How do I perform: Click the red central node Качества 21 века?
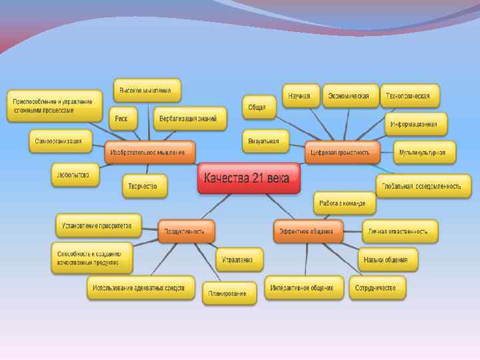click(x=249, y=178)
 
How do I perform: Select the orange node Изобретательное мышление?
click(x=150, y=153)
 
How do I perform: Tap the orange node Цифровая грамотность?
click(x=341, y=153)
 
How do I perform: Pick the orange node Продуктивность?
click(x=186, y=231)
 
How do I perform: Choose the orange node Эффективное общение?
click(x=307, y=231)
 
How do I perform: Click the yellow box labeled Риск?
click(x=121, y=119)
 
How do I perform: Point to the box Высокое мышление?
click(x=146, y=90)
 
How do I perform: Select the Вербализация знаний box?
click(x=189, y=119)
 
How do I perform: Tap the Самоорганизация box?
click(x=59, y=141)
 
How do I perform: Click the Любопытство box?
click(x=75, y=175)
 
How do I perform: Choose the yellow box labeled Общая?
click(x=257, y=107)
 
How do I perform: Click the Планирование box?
click(x=229, y=293)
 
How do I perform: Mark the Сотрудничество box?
click(x=377, y=288)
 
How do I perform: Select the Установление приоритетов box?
click(x=97, y=225)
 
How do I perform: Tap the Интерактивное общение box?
click(x=303, y=288)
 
